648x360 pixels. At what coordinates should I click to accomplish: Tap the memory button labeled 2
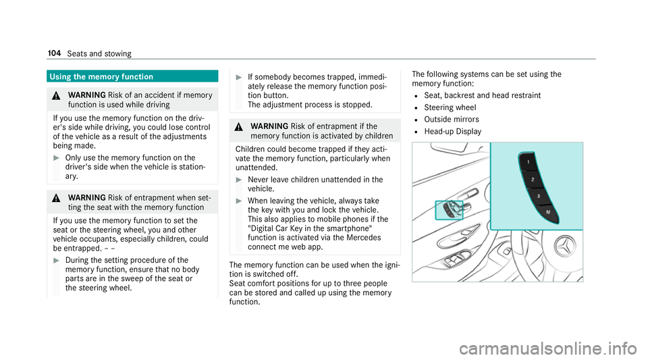(532, 180)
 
